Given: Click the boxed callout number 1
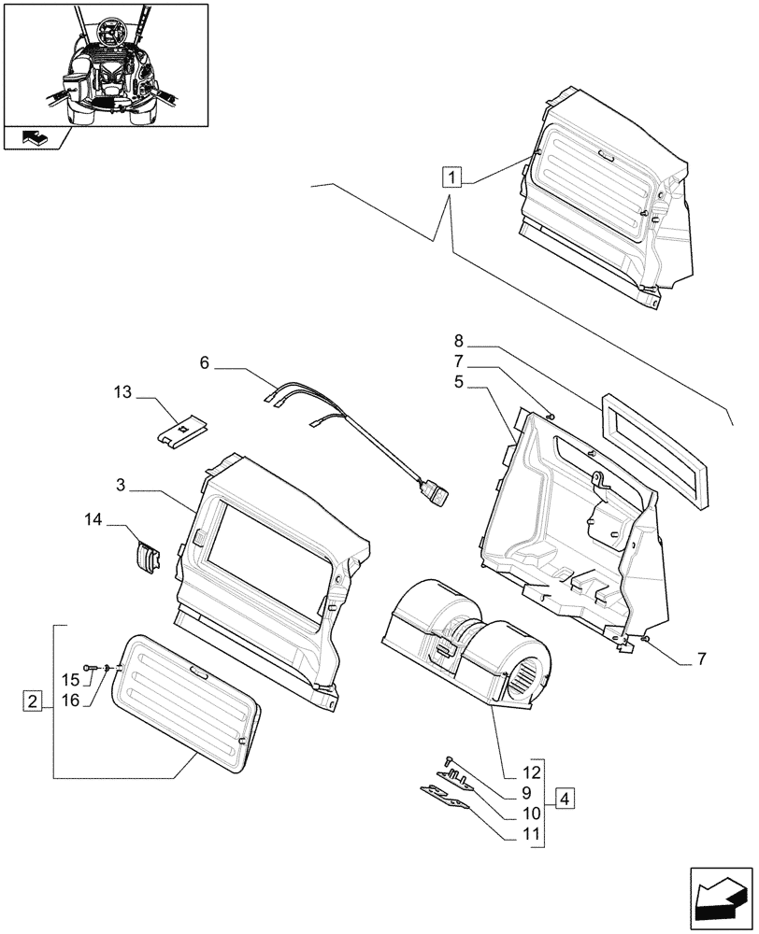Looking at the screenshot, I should click(x=452, y=177).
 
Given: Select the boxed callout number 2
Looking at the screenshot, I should click(x=34, y=700).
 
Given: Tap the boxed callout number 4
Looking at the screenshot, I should click(x=566, y=799).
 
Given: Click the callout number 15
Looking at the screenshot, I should click(x=71, y=679).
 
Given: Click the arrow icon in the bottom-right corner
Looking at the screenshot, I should click(x=719, y=887).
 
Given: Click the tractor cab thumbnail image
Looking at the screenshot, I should click(x=104, y=65).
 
